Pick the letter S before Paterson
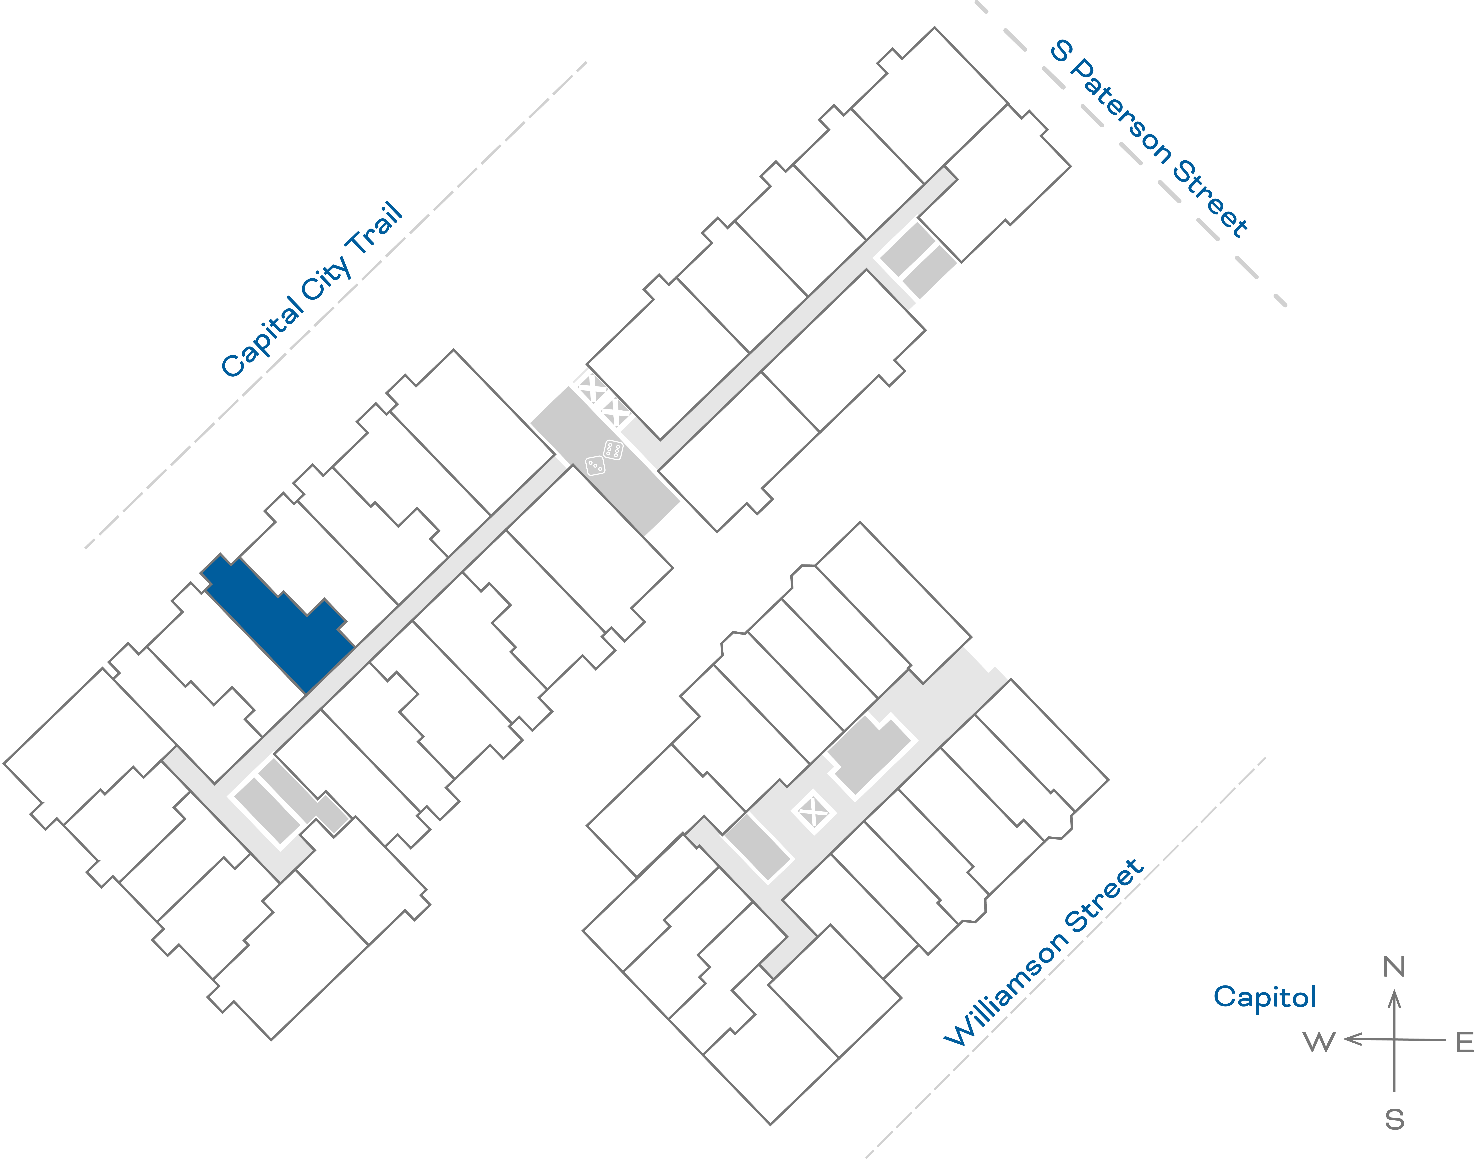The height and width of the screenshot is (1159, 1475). click(1061, 51)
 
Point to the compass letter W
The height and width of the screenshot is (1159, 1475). click(1319, 1042)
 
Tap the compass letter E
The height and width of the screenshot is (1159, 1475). click(1465, 1042)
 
